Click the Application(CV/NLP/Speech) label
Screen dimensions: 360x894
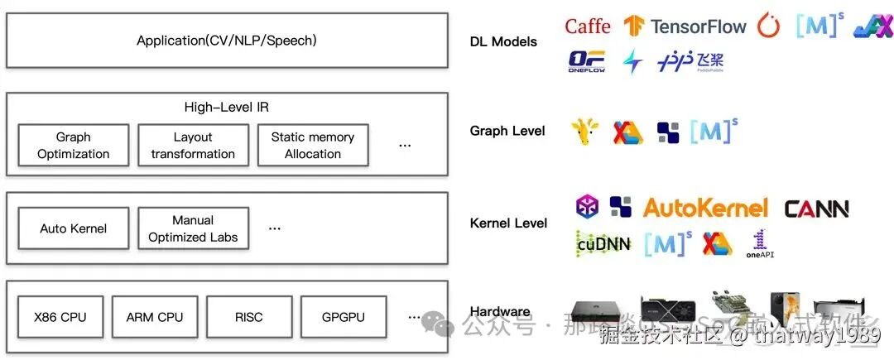coord(227,40)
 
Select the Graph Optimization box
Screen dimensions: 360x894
coord(73,146)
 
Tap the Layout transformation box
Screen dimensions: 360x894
coord(193,146)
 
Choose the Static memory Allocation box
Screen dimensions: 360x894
coord(312,146)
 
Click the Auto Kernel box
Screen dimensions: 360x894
coord(73,228)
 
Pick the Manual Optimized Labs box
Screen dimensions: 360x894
coord(193,228)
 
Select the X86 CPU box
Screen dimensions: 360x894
coord(60,317)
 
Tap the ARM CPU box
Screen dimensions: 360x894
coord(155,317)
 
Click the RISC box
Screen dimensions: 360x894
coord(248,317)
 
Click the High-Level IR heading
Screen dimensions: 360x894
coord(226,108)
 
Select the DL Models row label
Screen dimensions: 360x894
coord(503,41)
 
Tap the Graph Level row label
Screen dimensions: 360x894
coord(507,131)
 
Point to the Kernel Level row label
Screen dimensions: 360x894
coord(508,223)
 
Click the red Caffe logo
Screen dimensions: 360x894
coord(587,26)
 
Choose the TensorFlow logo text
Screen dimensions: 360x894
coord(698,26)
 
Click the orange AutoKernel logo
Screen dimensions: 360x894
coord(705,208)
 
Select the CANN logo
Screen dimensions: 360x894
coord(816,209)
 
